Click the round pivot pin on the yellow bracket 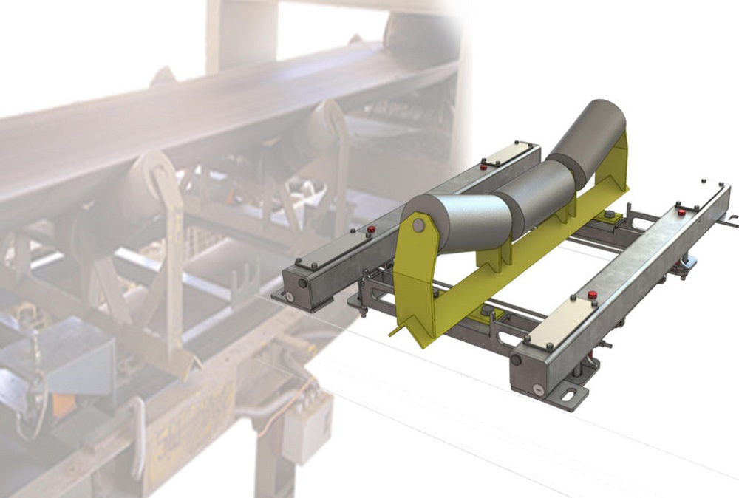coord(419,225)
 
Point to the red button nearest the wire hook coord(681,212)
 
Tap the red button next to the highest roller coord(484,167)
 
